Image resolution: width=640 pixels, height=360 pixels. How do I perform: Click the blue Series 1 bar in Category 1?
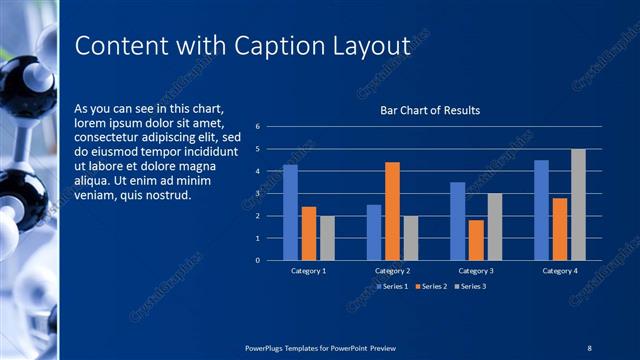coord(290,212)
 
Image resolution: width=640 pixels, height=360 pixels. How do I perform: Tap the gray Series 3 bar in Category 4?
coord(578,204)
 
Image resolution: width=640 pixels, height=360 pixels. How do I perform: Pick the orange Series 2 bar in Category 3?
coord(476,240)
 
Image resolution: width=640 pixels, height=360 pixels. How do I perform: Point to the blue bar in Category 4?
coord(541,210)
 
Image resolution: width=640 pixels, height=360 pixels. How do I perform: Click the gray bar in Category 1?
coord(327,238)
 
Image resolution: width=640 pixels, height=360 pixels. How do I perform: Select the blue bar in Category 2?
coord(374,232)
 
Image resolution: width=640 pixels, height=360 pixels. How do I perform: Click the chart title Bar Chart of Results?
coord(430,110)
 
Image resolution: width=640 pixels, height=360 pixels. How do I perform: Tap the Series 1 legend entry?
coord(389,287)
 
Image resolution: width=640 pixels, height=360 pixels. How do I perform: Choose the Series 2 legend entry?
coord(430,287)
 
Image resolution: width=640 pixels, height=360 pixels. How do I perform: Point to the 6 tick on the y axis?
coord(258,127)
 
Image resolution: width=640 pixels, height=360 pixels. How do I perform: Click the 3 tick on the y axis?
coord(258,194)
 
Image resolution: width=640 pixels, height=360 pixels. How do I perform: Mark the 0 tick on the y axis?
coord(258,260)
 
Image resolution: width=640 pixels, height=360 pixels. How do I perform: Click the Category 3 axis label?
coord(476,271)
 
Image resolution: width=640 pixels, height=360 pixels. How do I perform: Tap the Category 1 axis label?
coord(308,271)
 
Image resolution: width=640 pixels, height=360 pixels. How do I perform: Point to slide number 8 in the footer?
coord(590,346)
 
